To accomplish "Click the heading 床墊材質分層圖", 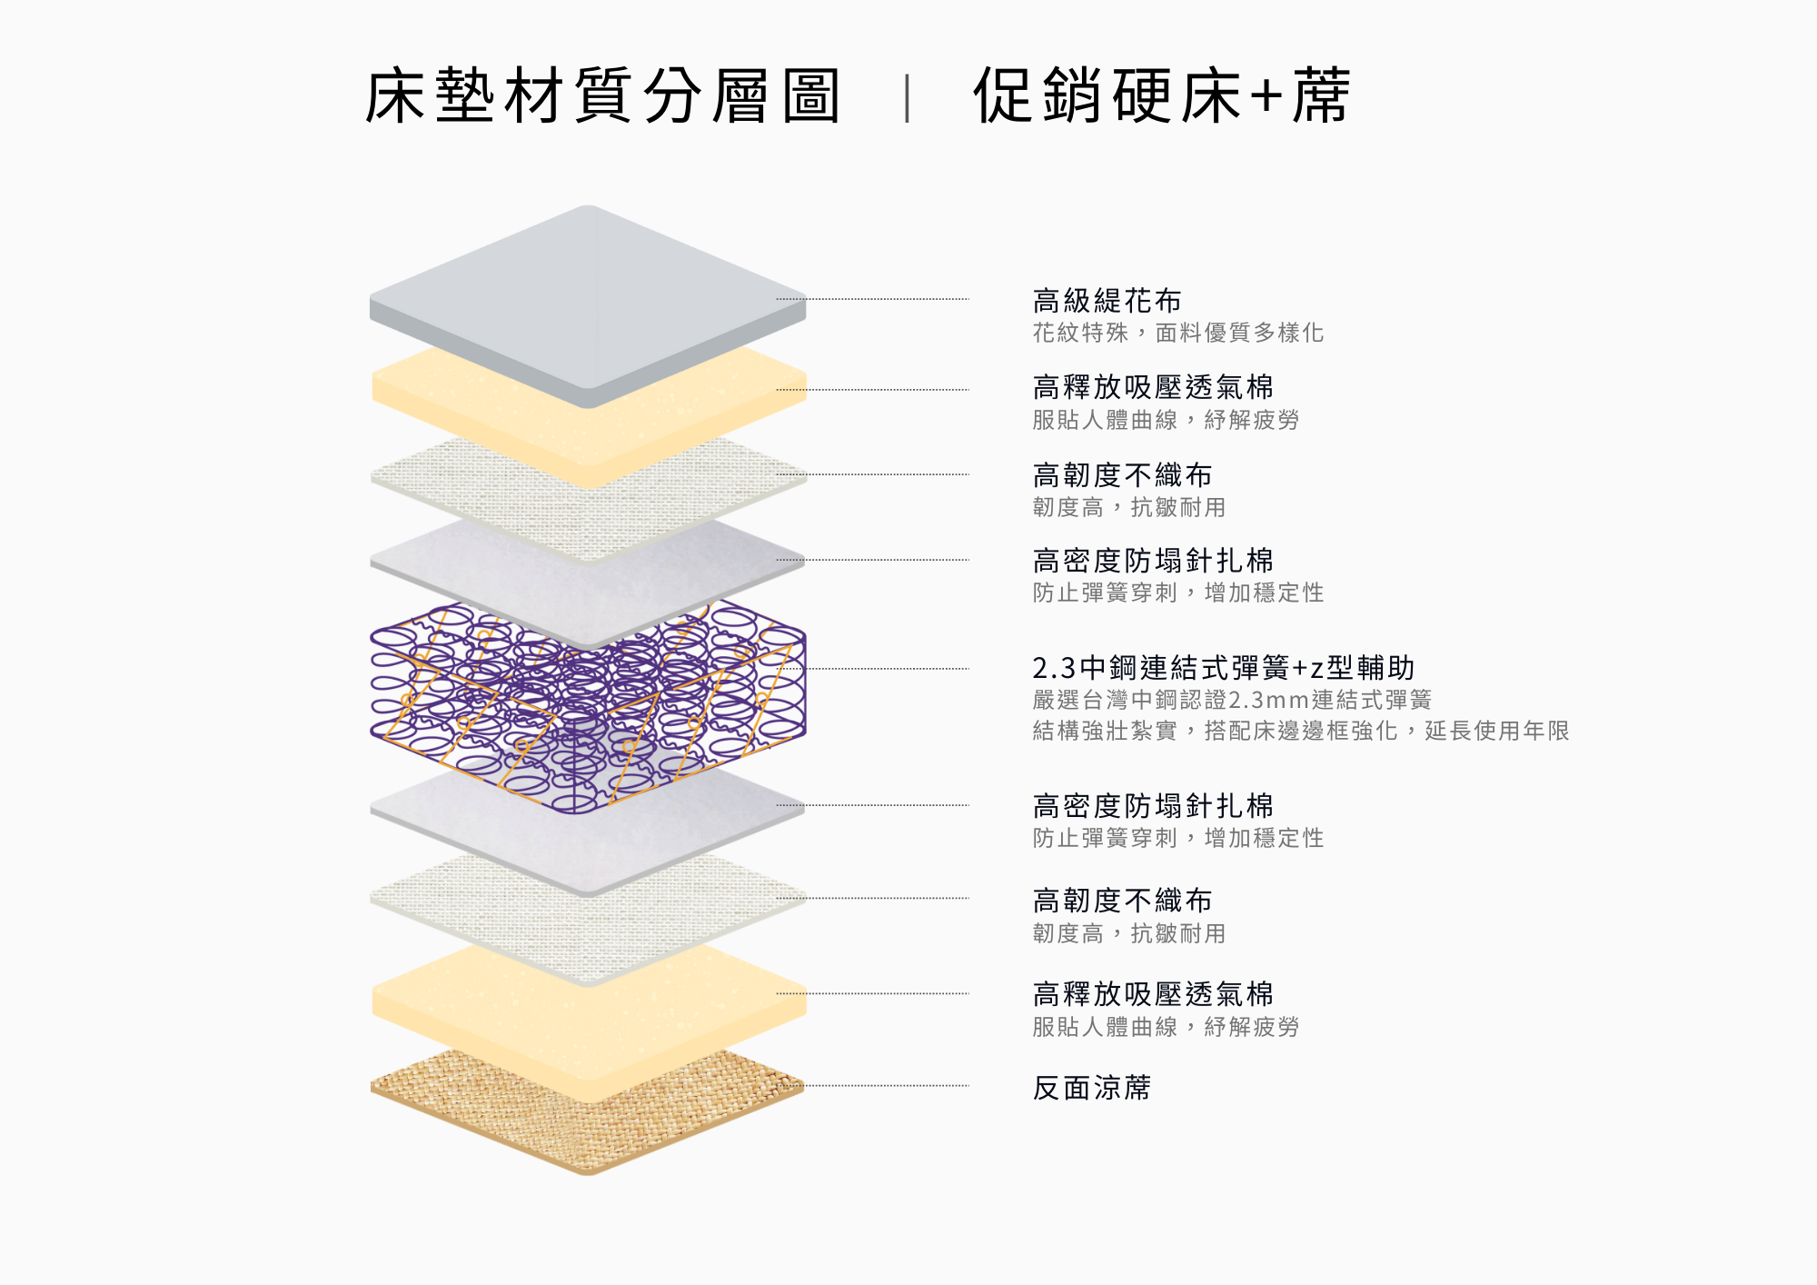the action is tap(602, 95).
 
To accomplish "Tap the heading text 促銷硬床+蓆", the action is tap(1161, 95).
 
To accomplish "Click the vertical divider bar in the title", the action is tap(907, 98).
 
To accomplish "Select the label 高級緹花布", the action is tap(1107, 300).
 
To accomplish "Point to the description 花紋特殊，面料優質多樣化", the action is tap(1177, 333).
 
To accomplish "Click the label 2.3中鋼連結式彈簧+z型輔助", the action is tap(1224, 668).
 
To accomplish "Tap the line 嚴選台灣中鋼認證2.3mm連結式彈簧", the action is tap(1232, 700).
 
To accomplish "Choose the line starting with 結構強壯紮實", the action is tap(1301, 731).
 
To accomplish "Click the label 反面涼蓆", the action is tap(1092, 1087).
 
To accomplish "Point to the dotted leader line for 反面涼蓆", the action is tap(873, 1085).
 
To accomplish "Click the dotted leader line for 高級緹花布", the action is tap(873, 299).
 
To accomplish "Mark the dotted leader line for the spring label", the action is tap(889, 669).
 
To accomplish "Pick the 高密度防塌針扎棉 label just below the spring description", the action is tap(1153, 805).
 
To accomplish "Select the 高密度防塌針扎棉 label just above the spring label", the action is tap(1153, 560).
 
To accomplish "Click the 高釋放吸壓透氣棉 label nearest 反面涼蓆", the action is tap(1153, 993).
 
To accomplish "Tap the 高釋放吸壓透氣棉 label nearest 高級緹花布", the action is tap(1153, 387).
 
